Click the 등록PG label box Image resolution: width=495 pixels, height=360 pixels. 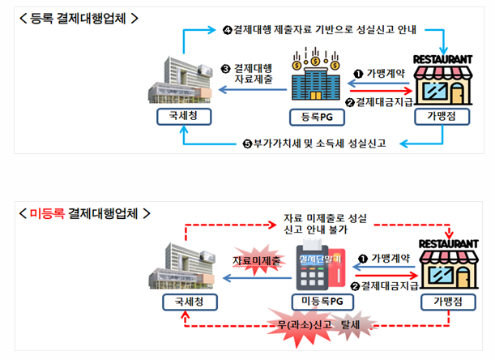coord(318,117)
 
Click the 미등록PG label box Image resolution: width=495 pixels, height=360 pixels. coord(318,302)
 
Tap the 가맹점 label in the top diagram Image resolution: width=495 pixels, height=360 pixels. coord(442,117)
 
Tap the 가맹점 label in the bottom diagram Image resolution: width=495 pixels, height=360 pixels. coord(442,302)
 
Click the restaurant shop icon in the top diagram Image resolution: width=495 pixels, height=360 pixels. coord(442,79)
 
